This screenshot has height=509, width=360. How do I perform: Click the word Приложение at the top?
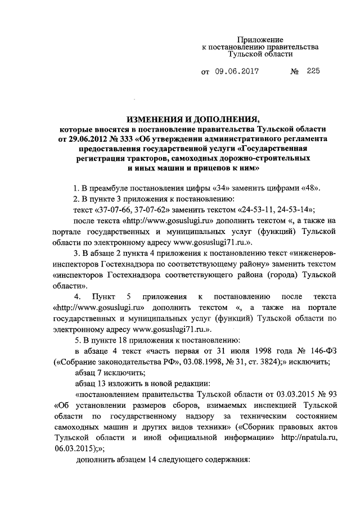click(x=260, y=39)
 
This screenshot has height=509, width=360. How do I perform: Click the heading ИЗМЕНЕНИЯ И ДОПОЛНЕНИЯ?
click(x=193, y=120)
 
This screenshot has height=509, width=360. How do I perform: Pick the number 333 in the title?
click(x=130, y=138)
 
